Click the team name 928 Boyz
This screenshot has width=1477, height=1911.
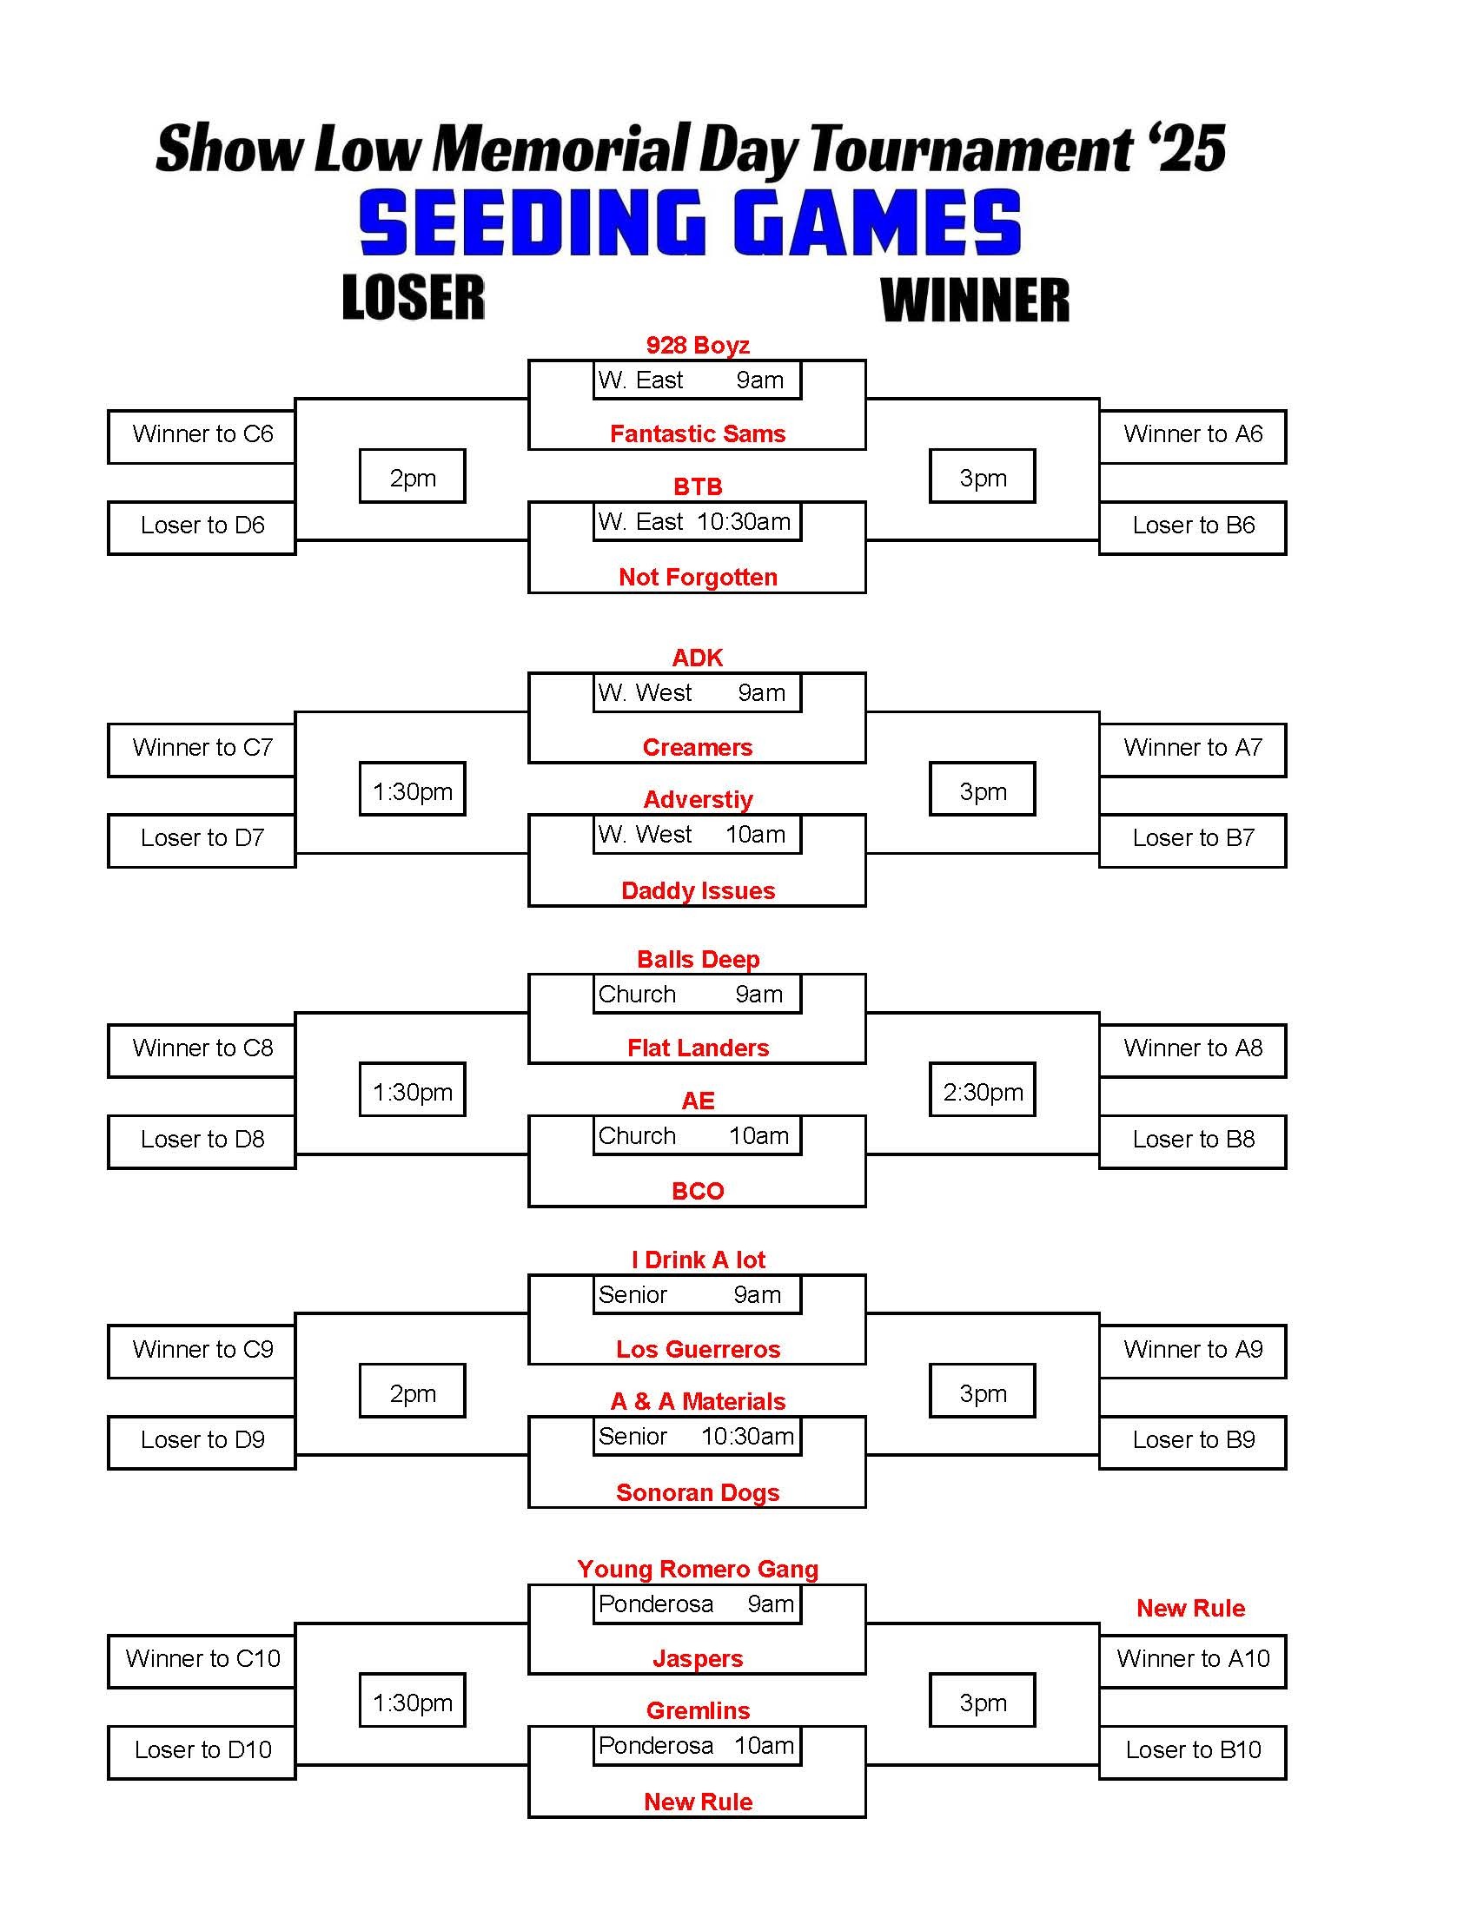pyautogui.click(x=698, y=345)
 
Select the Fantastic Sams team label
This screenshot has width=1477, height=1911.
pyautogui.click(x=698, y=434)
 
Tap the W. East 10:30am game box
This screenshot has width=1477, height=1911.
pyautogui.click(x=697, y=521)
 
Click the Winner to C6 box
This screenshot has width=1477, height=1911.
pyautogui.click(x=202, y=436)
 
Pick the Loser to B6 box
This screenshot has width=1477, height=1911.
pyautogui.click(x=1193, y=526)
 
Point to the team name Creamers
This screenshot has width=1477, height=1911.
pyautogui.click(x=698, y=747)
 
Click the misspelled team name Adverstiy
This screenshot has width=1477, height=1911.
pyautogui.click(x=698, y=799)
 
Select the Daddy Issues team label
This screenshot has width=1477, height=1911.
pyautogui.click(x=698, y=890)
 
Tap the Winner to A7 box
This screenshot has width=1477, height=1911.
pyautogui.click(x=1193, y=749)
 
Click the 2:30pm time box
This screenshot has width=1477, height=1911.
pyautogui.click(x=983, y=1090)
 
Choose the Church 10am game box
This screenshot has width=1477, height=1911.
pyautogui.click(x=697, y=1136)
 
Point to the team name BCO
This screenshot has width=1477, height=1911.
pyautogui.click(x=698, y=1191)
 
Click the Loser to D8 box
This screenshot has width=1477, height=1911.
pyautogui.click(x=202, y=1141)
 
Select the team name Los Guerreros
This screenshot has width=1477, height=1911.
pyautogui.click(x=698, y=1349)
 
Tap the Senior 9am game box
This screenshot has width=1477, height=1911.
pyautogui.click(x=697, y=1294)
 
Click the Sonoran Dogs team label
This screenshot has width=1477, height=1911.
pyautogui.click(x=698, y=1492)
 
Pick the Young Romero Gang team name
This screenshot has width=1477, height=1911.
pyautogui.click(x=698, y=1569)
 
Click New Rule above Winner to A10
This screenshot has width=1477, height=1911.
pyautogui.click(x=1190, y=1608)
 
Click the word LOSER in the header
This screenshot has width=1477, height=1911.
pyautogui.click(x=413, y=297)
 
